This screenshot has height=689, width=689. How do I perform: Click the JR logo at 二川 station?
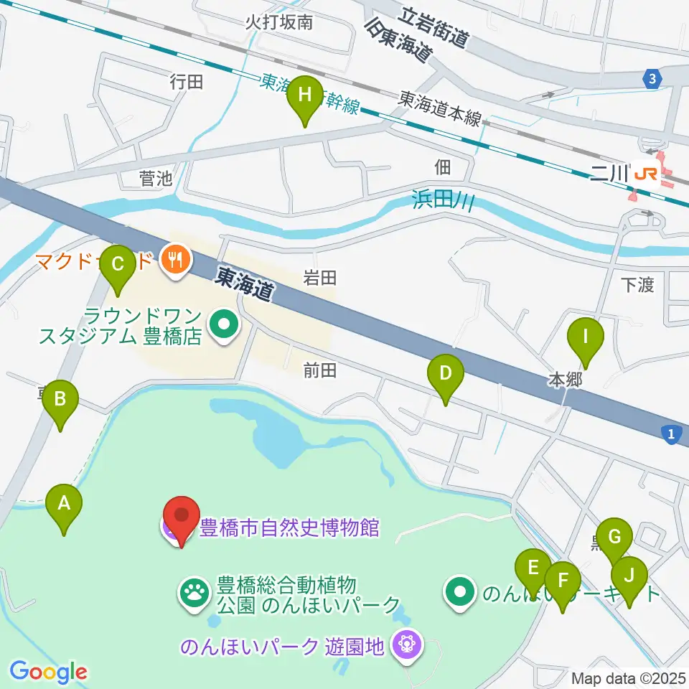(x=645, y=174)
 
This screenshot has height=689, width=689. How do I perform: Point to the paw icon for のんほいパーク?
(x=194, y=592)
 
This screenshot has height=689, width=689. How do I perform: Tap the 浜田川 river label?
(x=444, y=200)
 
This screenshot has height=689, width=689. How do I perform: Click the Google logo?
(x=48, y=672)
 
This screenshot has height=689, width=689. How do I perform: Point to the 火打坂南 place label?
(x=278, y=22)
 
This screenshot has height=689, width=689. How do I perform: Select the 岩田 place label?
(x=319, y=278)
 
